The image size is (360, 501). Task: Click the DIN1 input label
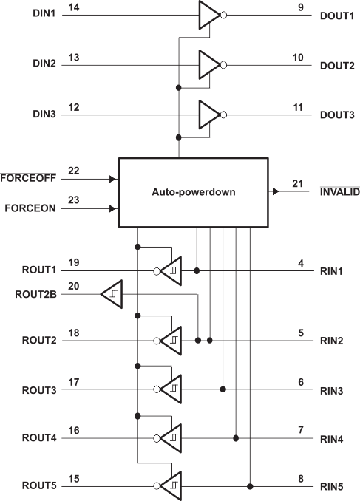pyautogui.click(x=44, y=13)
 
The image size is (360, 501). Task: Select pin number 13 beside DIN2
pyautogui.click(x=73, y=58)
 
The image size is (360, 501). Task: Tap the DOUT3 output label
pyautogui.click(x=337, y=115)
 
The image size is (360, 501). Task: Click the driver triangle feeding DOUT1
pyautogui.click(x=209, y=15)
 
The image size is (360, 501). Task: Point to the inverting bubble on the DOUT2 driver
pyautogui.click(x=224, y=65)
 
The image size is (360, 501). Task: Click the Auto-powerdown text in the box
pyautogui.click(x=194, y=192)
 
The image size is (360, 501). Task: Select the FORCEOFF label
pyautogui.click(x=28, y=178)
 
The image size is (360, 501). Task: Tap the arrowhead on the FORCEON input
pyautogui.click(x=112, y=208)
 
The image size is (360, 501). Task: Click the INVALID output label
pyautogui.click(x=340, y=192)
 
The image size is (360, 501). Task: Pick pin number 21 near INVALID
pyautogui.click(x=298, y=184)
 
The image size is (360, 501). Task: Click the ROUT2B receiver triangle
pyautogui.click(x=112, y=294)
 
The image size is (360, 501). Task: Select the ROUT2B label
pyautogui.click(x=35, y=294)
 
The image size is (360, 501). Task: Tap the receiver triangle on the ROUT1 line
pyautogui.click(x=171, y=271)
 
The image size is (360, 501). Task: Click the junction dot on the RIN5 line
pyautogui.click(x=250, y=487)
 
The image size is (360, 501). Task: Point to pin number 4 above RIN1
pyautogui.click(x=301, y=264)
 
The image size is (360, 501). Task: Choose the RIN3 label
pyautogui.click(x=332, y=391)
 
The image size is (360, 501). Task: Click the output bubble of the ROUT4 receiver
pyautogui.click(x=157, y=439)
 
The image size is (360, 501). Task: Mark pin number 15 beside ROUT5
pyautogui.click(x=73, y=479)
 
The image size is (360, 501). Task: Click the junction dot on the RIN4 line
pyautogui.click(x=236, y=438)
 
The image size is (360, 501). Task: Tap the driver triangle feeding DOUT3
pyautogui.click(x=209, y=115)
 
